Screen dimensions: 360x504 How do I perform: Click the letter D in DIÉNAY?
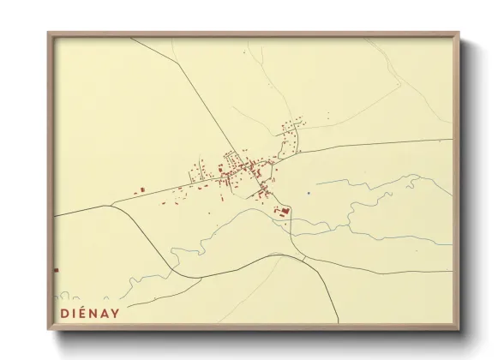pyautogui.click(x=63, y=313)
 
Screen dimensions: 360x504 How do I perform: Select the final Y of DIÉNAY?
pyautogui.click(x=115, y=313)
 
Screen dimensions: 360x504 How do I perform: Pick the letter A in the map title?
pyautogui.click(x=104, y=313)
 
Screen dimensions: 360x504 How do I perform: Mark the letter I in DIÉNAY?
pyautogui.click(x=74, y=313)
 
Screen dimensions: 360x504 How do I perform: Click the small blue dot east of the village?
pyautogui.click(x=308, y=193)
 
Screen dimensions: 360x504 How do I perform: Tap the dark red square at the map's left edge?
pyautogui.click(x=57, y=270)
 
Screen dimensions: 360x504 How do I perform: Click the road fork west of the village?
pyautogui.click(x=112, y=204)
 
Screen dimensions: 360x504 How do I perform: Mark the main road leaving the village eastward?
pyautogui.click(x=377, y=147)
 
